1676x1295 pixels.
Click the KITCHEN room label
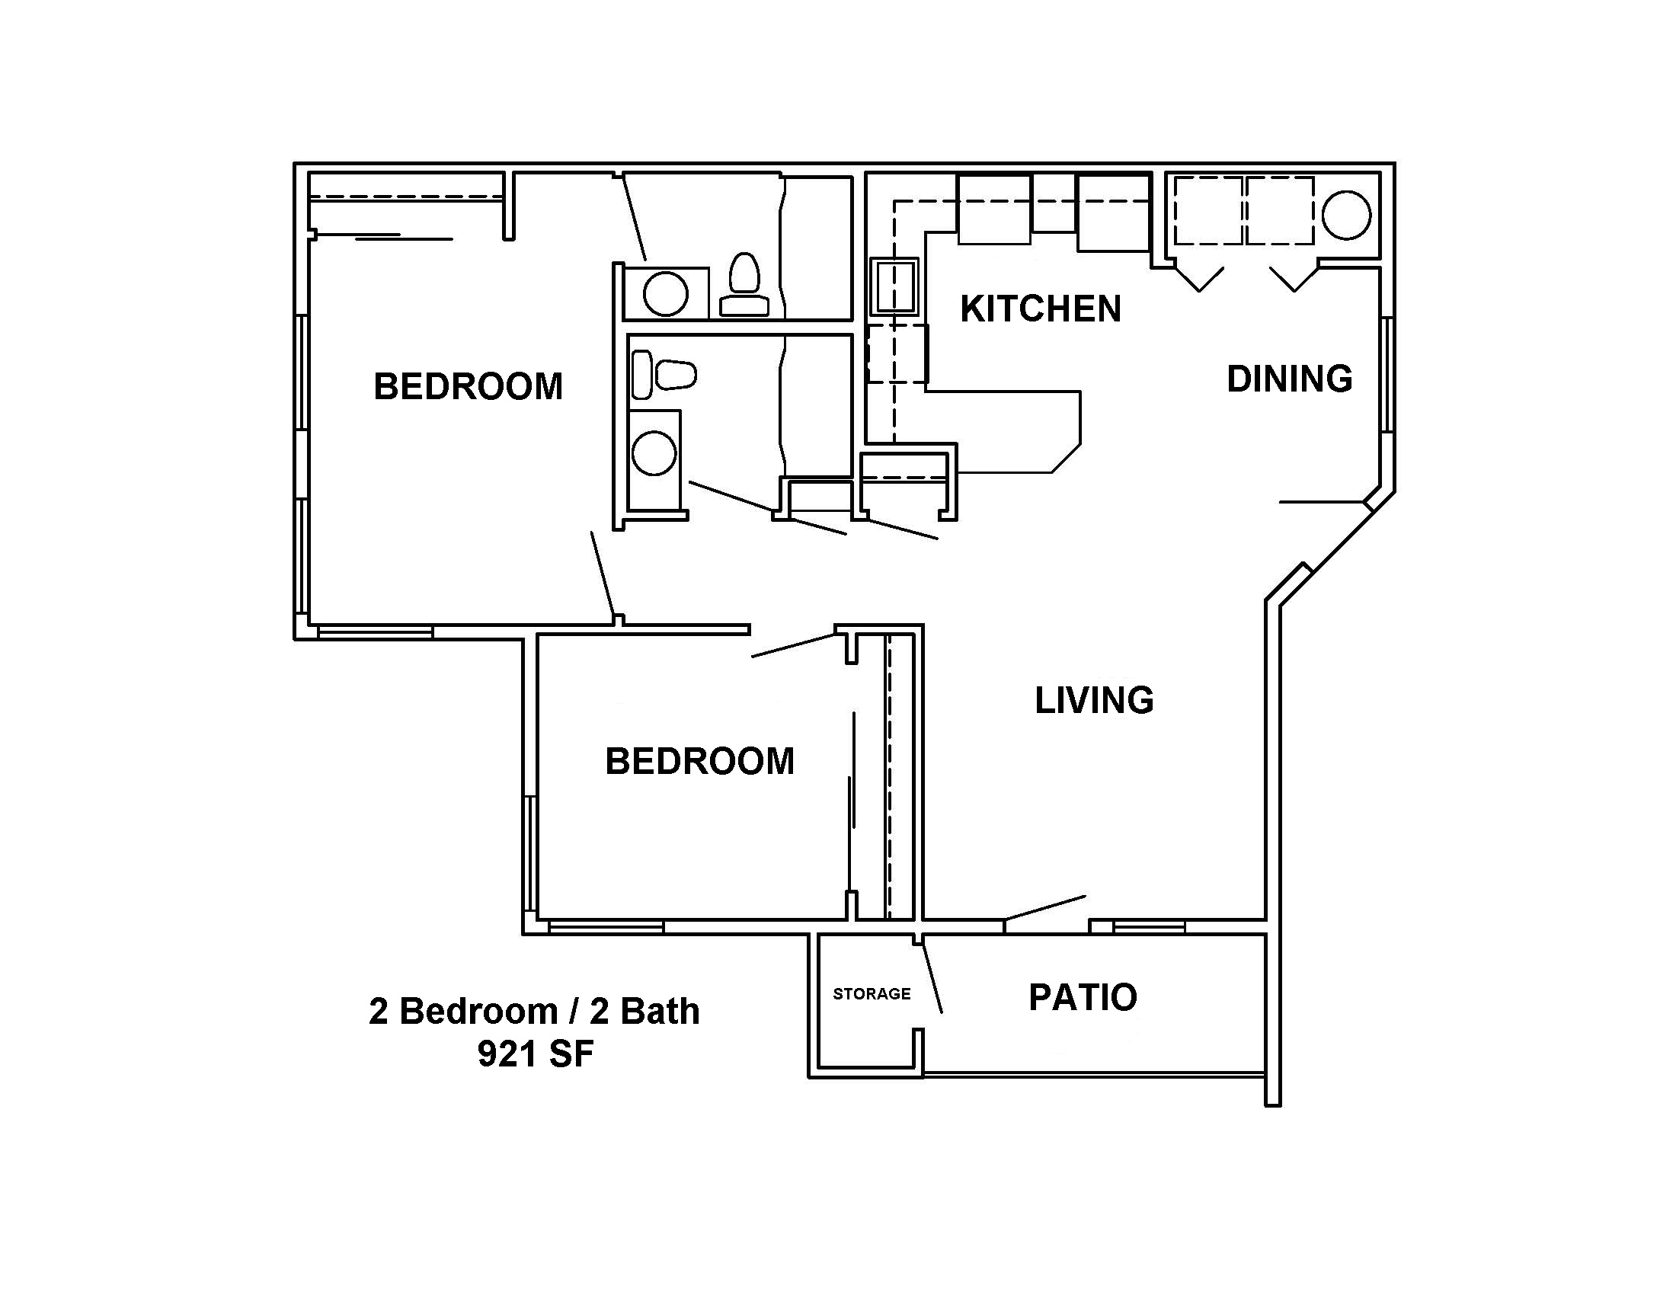click(1041, 309)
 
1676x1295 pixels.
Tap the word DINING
click(1289, 379)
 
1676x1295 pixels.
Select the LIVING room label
click(1094, 700)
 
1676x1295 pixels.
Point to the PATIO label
click(1083, 997)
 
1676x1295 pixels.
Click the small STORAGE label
click(872, 994)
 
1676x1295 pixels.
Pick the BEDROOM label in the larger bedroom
click(468, 387)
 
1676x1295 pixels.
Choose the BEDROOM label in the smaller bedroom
click(700, 762)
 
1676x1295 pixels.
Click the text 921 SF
click(536, 1054)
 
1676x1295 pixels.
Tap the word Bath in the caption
click(660, 1011)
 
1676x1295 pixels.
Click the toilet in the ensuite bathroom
click(744, 285)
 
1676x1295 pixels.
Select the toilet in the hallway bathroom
click(663, 375)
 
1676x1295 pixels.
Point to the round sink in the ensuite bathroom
click(665, 294)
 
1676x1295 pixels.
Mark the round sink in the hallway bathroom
click(654, 453)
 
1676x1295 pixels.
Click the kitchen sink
click(894, 287)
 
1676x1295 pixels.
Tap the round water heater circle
click(1347, 216)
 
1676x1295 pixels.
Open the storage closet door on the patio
click(932, 977)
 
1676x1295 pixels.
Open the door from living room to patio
click(1045, 906)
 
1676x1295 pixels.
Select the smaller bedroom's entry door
click(794, 644)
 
